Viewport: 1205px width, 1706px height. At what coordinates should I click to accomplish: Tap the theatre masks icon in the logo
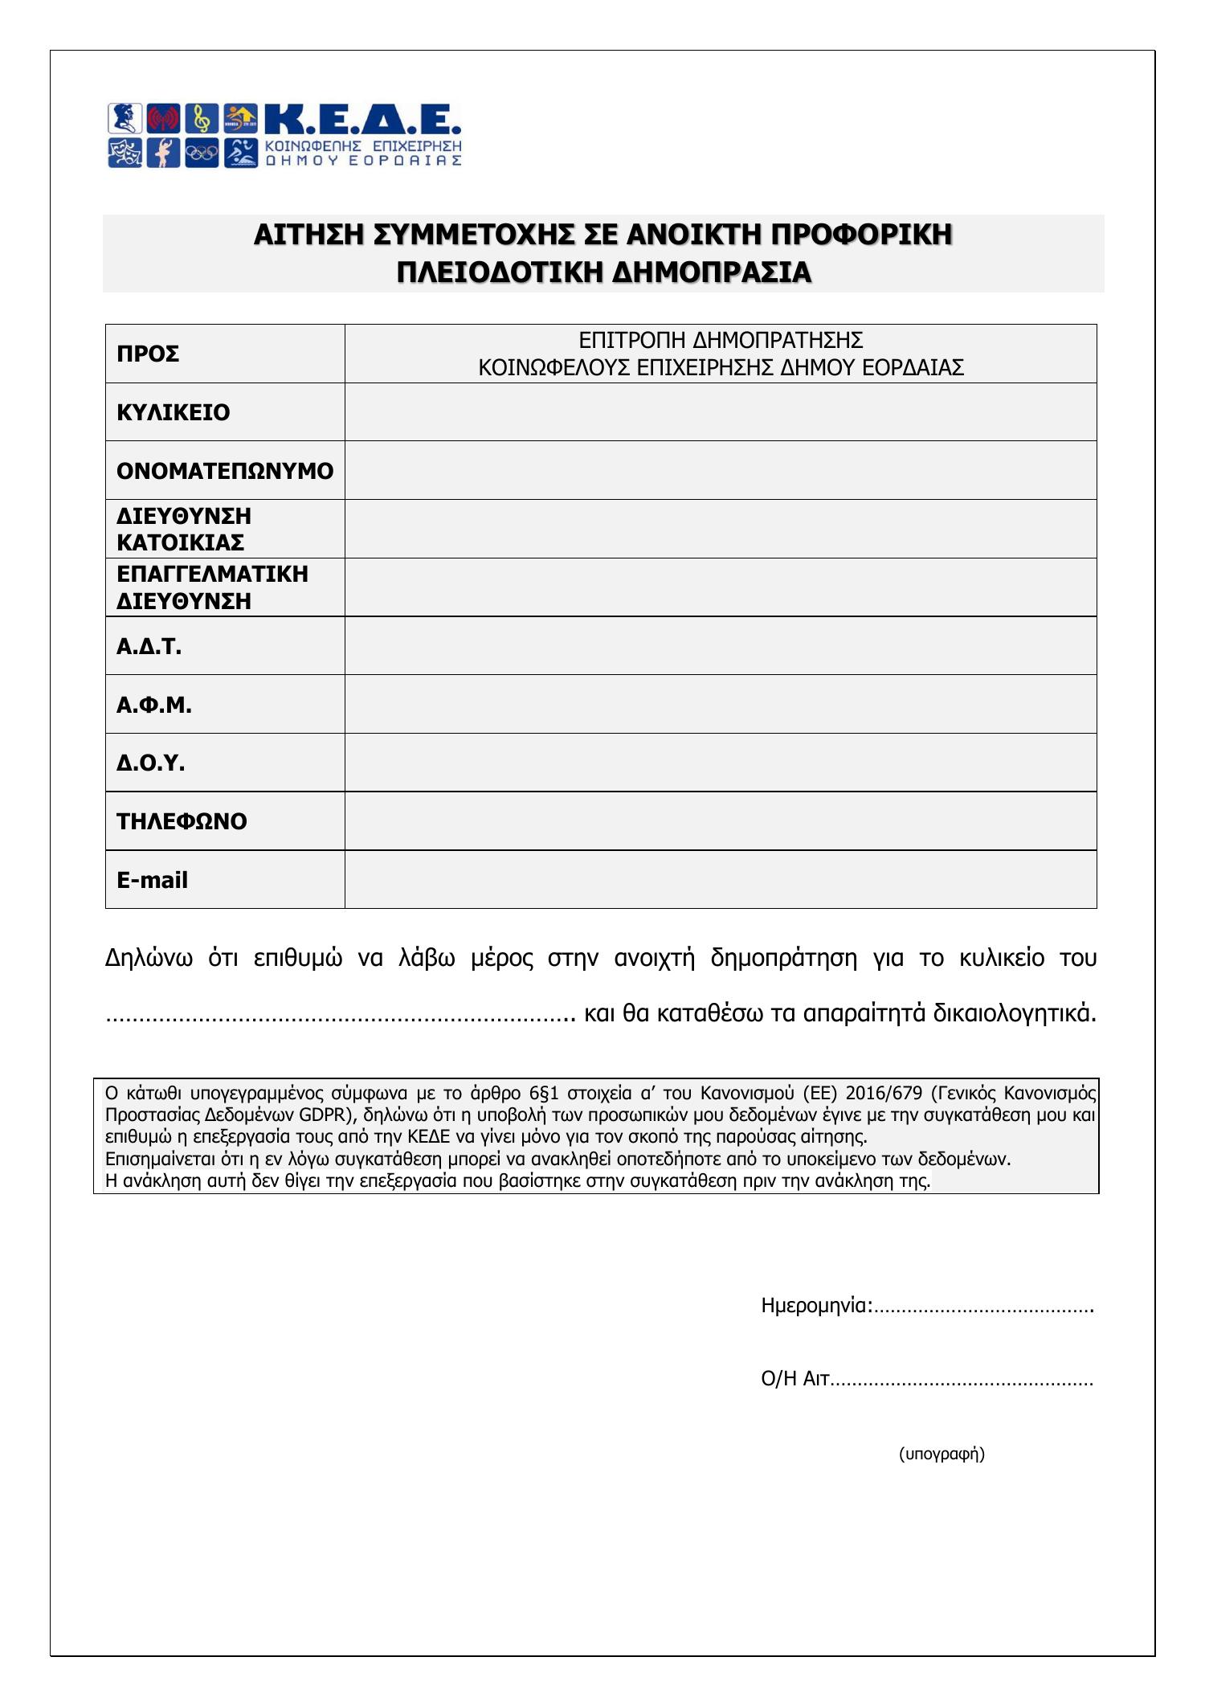pyautogui.click(x=125, y=152)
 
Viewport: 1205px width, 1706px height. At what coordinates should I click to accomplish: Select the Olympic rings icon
pyautogui.click(x=202, y=152)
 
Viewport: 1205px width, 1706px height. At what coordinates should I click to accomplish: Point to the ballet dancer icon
pyautogui.click(x=164, y=152)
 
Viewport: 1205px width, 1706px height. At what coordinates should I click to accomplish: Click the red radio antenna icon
pyautogui.click(x=164, y=119)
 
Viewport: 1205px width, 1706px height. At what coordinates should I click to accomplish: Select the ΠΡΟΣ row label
pyautogui.click(x=148, y=354)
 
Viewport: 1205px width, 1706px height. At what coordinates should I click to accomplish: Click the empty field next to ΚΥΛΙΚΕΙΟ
pyautogui.click(x=720, y=412)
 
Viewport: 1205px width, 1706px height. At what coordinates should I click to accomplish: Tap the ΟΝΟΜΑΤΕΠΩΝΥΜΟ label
pyautogui.click(x=224, y=471)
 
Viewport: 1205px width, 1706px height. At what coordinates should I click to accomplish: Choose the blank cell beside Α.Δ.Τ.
pyautogui.click(x=720, y=646)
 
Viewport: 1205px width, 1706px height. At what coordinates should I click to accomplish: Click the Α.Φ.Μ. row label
pyautogui.click(x=154, y=705)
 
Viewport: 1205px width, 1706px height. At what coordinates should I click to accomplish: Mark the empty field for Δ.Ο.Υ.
pyautogui.click(x=720, y=763)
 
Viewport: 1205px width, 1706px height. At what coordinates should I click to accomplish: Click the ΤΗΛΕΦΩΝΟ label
pyautogui.click(x=182, y=821)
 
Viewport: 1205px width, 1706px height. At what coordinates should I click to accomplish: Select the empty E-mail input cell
pyautogui.click(x=720, y=880)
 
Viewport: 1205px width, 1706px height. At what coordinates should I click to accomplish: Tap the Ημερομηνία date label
pyautogui.click(x=815, y=1306)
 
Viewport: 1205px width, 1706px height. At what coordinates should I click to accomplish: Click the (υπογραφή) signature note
pyautogui.click(x=942, y=1453)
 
